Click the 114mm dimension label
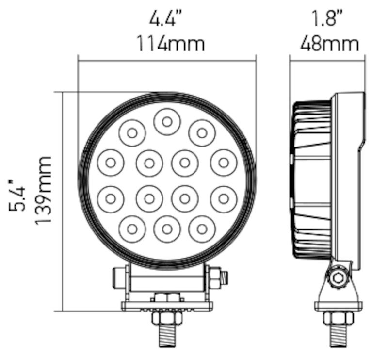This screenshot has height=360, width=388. point(169,44)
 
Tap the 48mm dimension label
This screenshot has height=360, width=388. point(329,44)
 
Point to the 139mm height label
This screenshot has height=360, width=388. point(44,189)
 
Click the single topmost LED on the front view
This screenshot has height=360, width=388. point(167,122)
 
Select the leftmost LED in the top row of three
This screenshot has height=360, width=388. point(132,132)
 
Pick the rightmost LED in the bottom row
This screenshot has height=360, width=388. point(202,229)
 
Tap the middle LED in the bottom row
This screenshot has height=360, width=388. point(167,229)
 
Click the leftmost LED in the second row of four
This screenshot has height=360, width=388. point(110,163)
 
